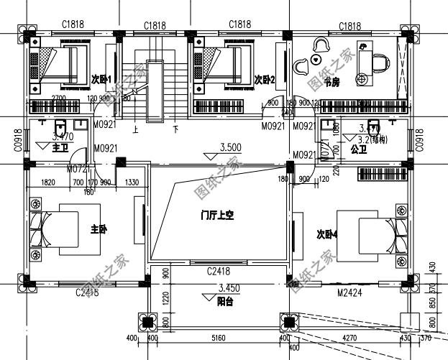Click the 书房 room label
pyautogui.click(x=332, y=83)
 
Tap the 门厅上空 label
pyautogui.click(x=218, y=214)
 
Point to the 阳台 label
pyautogui.click(x=225, y=303)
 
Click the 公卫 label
pyautogui.click(x=359, y=149)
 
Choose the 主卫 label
pyautogui.click(x=60, y=148)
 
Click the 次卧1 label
pyautogui.click(x=100, y=78)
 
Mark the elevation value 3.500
pyautogui.click(x=230, y=147)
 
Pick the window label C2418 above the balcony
pyautogui.click(x=219, y=271)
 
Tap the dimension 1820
pyautogui.click(x=49, y=183)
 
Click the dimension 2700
pyautogui.click(x=59, y=98)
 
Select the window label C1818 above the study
pyautogui.click(x=350, y=27)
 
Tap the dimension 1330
pyautogui.click(x=132, y=183)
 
